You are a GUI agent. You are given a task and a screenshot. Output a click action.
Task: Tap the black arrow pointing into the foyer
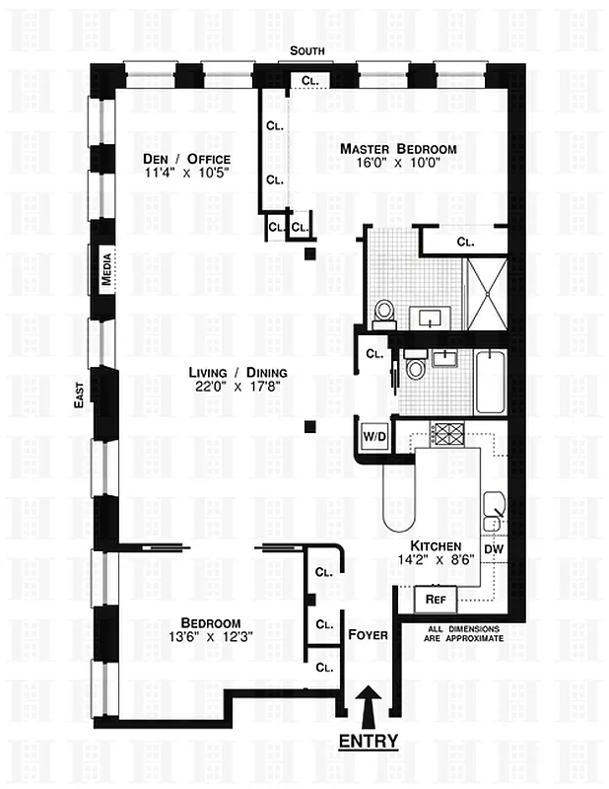pyautogui.click(x=370, y=704)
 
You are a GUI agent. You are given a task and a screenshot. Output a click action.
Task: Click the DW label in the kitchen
pyautogui.click(x=493, y=549)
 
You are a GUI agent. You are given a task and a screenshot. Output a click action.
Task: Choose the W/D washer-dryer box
pyautogui.click(x=374, y=435)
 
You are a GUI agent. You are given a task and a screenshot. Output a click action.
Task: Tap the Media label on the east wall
pyautogui.click(x=106, y=269)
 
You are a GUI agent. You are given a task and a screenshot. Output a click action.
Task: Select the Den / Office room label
pyautogui.click(x=188, y=159)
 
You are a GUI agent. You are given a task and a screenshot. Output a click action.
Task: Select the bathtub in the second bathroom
pyautogui.click(x=490, y=382)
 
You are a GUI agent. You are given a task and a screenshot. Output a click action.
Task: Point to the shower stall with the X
pyautogui.click(x=486, y=294)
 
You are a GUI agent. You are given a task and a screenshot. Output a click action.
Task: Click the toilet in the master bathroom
pyautogui.click(x=384, y=314)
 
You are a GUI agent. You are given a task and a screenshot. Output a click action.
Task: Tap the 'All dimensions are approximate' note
pyautogui.click(x=462, y=633)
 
